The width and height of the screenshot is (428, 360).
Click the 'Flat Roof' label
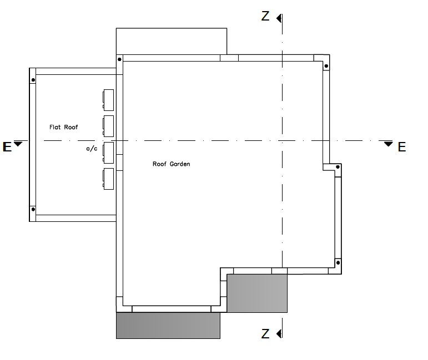[x=64, y=128]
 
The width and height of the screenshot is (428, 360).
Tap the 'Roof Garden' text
[x=171, y=164]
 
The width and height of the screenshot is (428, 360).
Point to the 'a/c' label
[x=92, y=149]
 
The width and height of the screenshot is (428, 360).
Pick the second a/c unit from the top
[x=108, y=125]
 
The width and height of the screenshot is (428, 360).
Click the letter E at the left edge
[x=7, y=147]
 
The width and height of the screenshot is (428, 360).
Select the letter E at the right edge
[x=402, y=147]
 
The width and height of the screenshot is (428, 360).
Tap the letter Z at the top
[x=265, y=17]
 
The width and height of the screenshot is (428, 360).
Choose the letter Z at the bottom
[x=265, y=333]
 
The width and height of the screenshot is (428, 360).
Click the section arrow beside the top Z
[x=279, y=18]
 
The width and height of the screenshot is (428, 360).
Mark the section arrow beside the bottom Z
[x=279, y=333]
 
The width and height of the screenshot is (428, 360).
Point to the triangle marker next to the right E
[x=389, y=144]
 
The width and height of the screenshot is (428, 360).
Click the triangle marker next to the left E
[x=18, y=144]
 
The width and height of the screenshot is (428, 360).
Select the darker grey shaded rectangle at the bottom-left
[x=168, y=326]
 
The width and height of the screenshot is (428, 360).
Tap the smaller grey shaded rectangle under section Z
[x=257, y=293]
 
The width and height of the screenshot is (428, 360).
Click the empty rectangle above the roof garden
[x=171, y=40]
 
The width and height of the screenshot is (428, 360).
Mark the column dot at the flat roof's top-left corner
[x=33, y=80]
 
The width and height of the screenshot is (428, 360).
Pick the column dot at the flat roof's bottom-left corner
[x=33, y=209]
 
